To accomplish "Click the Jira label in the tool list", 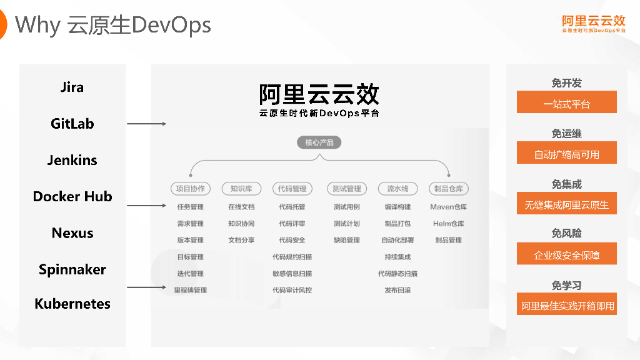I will pos(72,87).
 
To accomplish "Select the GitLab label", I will pos(72,124).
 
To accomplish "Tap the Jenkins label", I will pos(72,160).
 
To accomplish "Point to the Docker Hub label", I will pos(72,196).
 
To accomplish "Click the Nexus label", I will pos(72,233).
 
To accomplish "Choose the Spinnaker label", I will pos(72,269).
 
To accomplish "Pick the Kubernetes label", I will pos(72,304).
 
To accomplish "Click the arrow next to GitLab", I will pos(146,124).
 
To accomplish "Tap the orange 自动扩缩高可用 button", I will pos(566,153).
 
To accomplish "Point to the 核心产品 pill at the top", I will pos(319,142).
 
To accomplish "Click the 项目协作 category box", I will pos(191,188).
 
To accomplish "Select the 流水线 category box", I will pos(397,188).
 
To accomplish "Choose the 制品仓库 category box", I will pos(449,188).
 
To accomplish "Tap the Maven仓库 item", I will pos(449,207).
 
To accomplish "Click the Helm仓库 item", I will pos(449,224).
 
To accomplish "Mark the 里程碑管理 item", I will pos(191,290).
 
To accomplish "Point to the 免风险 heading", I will pos(566,233).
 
